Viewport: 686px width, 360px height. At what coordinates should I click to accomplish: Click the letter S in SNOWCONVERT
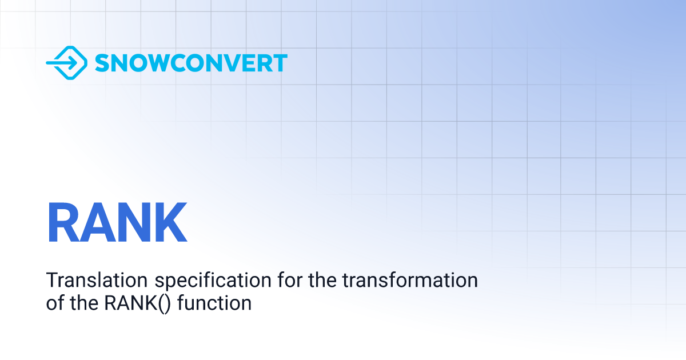point(102,63)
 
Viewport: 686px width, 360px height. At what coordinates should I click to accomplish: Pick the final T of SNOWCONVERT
point(280,63)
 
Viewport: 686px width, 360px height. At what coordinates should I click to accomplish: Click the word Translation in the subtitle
point(97,280)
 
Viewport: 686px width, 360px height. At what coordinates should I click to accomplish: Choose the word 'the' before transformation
point(322,280)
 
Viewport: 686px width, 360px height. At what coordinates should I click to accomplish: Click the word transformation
point(410,280)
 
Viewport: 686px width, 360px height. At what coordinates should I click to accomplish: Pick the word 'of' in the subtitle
point(55,303)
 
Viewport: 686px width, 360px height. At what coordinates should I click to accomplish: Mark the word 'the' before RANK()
point(84,303)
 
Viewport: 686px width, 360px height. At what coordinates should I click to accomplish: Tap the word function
point(214,303)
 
